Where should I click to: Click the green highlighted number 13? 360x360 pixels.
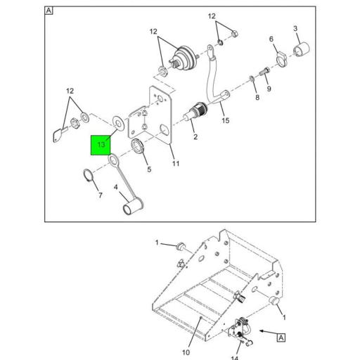pyautogui.click(x=102, y=144)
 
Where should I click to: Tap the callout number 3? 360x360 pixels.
pyautogui.click(x=295, y=29)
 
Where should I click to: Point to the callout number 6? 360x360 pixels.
pyautogui.click(x=271, y=41)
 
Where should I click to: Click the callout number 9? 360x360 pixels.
pyautogui.click(x=268, y=90)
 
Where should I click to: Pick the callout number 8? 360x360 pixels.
pyautogui.click(x=257, y=96)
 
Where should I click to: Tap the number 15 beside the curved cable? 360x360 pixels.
pyautogui.click(x=225, y=121)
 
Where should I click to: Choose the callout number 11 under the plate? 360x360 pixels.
pyautogui.click(x=176, y=164)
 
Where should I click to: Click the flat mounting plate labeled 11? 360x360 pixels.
pyautogui.click(x=162, y=112)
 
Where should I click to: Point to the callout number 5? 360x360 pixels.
pyautogui.click(x=148, y=169)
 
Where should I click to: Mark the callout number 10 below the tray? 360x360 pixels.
pyautogui.click(x=186, y=332)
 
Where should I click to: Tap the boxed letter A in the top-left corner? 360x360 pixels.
pyautogui.click(x=49, y=11)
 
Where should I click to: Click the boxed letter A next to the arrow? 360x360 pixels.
pyautogui.click(x=281, y=337)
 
